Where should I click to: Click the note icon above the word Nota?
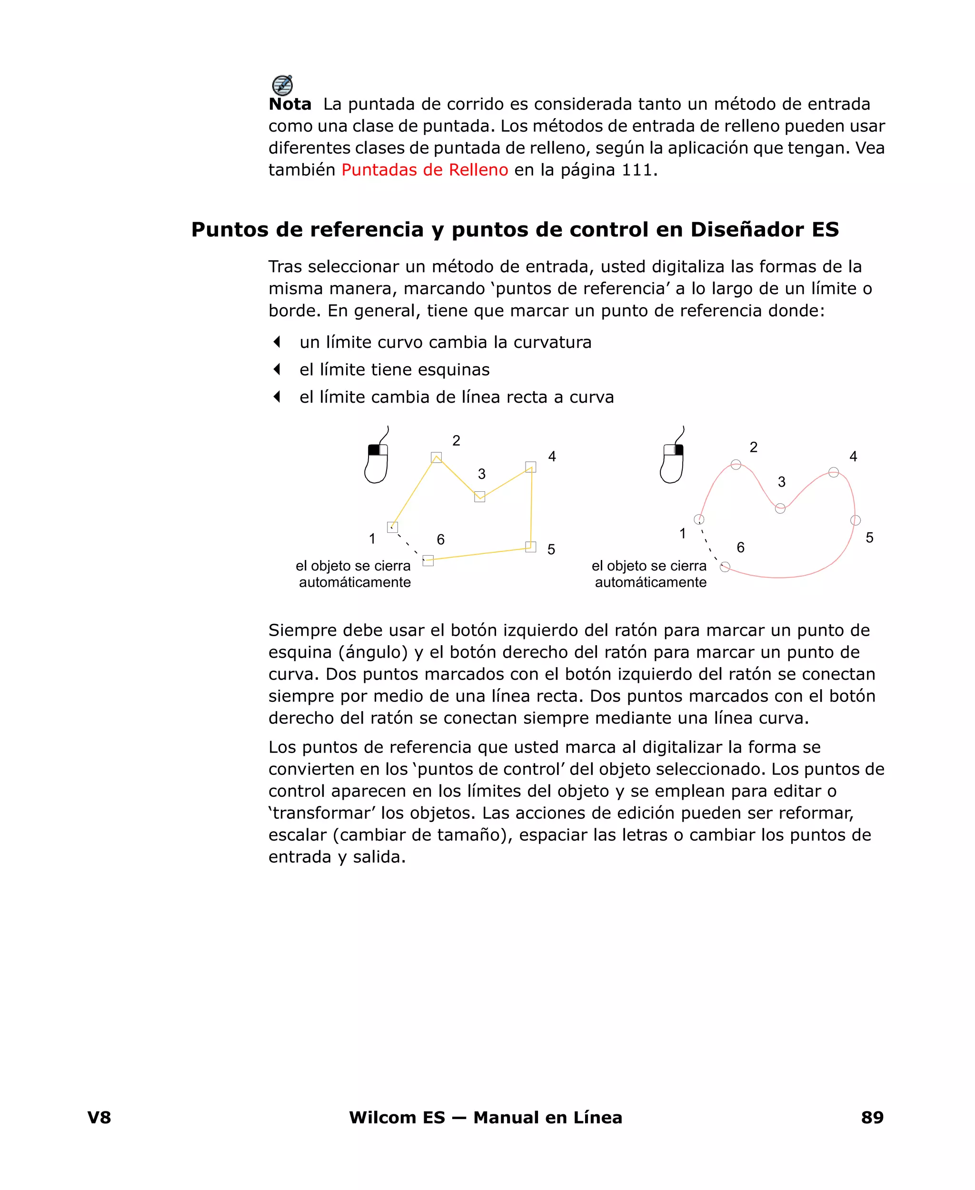282,85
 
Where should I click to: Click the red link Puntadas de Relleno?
425,170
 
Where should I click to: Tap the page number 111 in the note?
637,170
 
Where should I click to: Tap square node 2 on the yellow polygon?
437,458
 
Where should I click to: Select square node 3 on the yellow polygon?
479,496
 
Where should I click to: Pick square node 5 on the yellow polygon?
531,547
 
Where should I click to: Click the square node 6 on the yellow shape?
428,560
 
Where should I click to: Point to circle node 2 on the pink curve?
736,464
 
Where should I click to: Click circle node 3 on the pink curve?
780,508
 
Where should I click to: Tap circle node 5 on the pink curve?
856,520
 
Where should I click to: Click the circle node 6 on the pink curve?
725,567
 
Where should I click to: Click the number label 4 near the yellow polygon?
552,457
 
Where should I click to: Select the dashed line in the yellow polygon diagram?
408,544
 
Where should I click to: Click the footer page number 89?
872,1118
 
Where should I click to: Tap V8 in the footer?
99,1118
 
